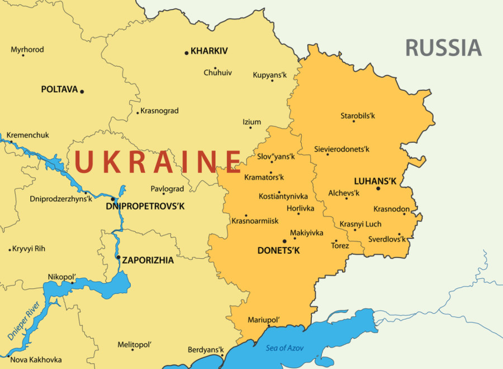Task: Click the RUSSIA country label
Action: tap(443, 48)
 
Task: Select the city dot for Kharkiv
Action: tap(187, 53)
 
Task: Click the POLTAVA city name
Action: tap(59, 90)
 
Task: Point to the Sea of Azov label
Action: tap(284, 348)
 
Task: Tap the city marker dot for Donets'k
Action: tap(285, 241)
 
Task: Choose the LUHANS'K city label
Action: tap(375, 181)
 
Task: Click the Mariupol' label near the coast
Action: tap(264, 319)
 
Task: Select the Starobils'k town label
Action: tap(358, 116)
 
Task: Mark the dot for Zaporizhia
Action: tap(118, 258)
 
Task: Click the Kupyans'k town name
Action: tap(269, 74)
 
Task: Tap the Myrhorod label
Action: tap(27, 50)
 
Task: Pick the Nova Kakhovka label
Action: tap(36, 359)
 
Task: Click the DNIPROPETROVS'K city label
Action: tap(145, 207)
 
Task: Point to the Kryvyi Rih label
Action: tap(29, 249)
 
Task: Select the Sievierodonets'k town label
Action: tap(341, 150)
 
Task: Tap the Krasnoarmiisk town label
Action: tap(255, 221)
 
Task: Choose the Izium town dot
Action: tap(250, 128)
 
